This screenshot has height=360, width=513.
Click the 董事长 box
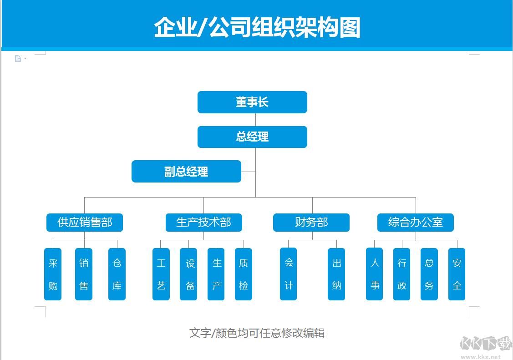coord(252,102)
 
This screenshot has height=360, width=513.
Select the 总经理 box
coord(252,137)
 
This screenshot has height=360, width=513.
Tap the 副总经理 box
coord(186,172)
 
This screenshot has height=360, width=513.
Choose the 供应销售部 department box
coord(85,223)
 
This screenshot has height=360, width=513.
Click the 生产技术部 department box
coord(203,223)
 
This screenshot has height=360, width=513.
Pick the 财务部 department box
coord(311,223)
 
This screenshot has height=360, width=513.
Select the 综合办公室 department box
coord(415,223)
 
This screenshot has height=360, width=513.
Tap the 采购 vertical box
coord(53,274)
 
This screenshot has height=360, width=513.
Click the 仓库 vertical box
coord(117,274)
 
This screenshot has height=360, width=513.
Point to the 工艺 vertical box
coord(161,274)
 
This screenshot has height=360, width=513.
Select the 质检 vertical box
coord(244,274)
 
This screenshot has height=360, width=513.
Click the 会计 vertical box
coord(289,274)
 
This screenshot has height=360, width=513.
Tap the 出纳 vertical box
coord(336,274)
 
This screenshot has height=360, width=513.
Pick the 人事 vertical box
coord(375,274)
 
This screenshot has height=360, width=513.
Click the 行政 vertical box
coord(402,274)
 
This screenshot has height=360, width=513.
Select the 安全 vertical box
coord(457,274)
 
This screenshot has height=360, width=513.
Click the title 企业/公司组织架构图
coord(257,27)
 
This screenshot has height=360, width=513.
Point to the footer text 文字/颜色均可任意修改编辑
coord(257,333)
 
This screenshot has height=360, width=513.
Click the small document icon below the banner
coord(18,59)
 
